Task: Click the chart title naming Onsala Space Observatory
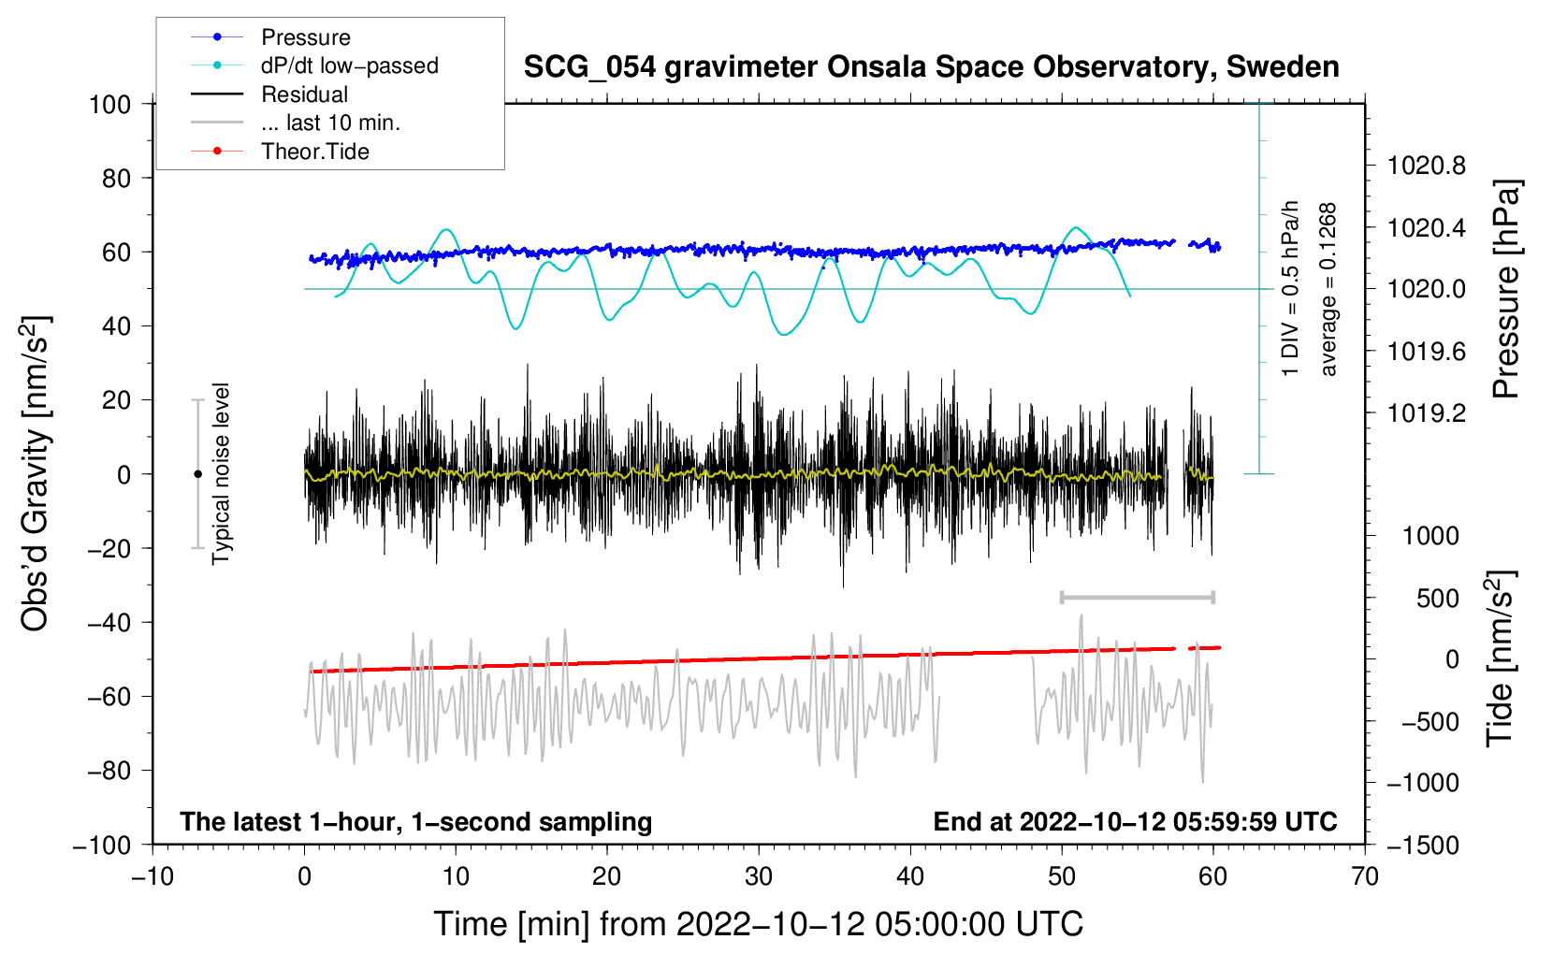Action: pyautogui.click(x=931, y=67)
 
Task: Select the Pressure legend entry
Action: pyautogui.click(x=305, y=37)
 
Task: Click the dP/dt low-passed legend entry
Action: pyautogui.click(x=349, y=65)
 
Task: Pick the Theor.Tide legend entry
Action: pyautogui.click(x=314, y=152)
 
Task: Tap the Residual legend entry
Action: pyautogui.click(x=304, y=94)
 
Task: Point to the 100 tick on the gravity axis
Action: pyautogui.click(x=109, y=104)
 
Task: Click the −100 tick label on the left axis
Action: pyautogui.click(x=102, y=845)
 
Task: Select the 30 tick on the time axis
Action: pyautogui.click(x=759, y=876)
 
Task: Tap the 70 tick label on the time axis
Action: pyautogui.click(x=1365, y=876)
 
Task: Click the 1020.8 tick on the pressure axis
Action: pyautogui.click(x=1427, y=166)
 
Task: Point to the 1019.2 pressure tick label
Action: pyautogui.click(x=1427, y=412)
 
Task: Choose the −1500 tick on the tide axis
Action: pyautogui.click(x=1423, y=845)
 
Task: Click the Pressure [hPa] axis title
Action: pyautogui.click(x=1506, y=289)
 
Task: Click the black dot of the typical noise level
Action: pyautogui.click(x=197, y=474)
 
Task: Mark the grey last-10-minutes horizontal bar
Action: pyautogui.click(x=1137, y=597)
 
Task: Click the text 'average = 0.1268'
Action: pyautogui.click(x=1328, y=289)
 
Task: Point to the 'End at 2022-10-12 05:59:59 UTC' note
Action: pyautogui.click(x=1135, y=821)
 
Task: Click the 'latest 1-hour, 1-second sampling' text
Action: pyautogui.click(x=416, y=821)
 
